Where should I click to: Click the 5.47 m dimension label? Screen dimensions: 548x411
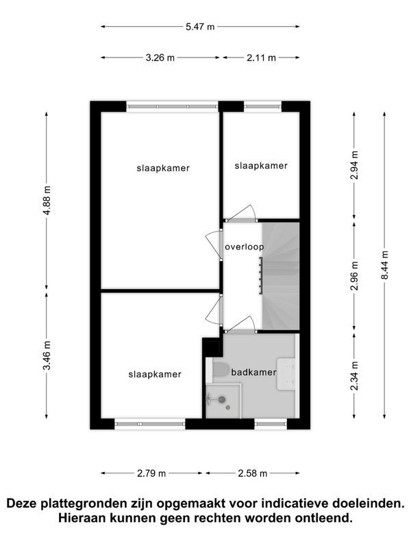(x=201, y=27)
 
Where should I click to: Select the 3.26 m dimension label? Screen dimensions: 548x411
(x=160, y=58)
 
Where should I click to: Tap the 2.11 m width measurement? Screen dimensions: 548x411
(x=261, y=58)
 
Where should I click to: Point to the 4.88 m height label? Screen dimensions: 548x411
(x=47, y=199)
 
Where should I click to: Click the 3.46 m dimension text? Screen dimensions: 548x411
(x=47, y=356)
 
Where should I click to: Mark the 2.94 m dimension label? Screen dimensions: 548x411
(x=353, y=165)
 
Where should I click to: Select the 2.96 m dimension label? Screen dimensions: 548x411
(x=353, y=275)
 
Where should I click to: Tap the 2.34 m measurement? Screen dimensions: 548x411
(x=353, y=375)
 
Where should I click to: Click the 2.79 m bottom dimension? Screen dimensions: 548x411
(x=151, y=473)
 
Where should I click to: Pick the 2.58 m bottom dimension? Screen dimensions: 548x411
(x=251, y=473)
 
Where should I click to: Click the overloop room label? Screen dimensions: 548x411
(x=244, y=247)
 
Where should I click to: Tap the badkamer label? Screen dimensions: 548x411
(x=253, y=373)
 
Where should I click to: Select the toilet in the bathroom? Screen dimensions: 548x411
(x=221, y=372)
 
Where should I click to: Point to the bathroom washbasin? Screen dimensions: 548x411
(x=286, y=374)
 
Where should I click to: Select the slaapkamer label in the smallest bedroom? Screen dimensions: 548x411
(x=261, y=166)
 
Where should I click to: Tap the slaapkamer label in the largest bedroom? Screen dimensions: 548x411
(x=163, y=168)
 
